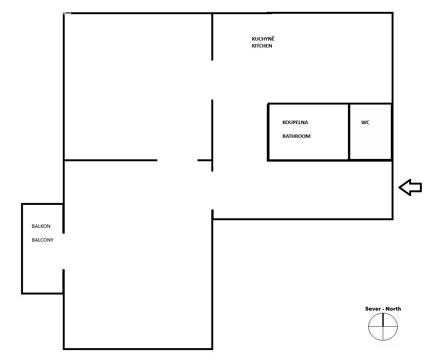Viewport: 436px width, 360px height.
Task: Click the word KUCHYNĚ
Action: [263, 39]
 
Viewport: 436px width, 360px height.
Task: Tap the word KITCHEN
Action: [262, 46]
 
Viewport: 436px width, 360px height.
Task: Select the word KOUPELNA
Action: [295, 123]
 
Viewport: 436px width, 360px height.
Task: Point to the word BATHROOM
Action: [296, 136]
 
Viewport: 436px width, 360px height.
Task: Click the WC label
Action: [365, 123]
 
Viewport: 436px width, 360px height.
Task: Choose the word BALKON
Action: [41, 226]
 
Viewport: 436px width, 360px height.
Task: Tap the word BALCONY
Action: [42, 240]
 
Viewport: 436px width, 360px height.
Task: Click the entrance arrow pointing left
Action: [410, 187]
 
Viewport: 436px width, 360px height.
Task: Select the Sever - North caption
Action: [383, 309]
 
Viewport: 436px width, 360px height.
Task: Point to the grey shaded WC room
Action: [371, 132]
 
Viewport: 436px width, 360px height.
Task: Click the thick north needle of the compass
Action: [383, 320]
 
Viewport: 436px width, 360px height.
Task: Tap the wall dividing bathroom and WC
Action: [349, 132]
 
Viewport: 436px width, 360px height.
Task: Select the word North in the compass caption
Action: [393, 309]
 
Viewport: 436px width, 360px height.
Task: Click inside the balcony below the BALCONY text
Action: [42, 267]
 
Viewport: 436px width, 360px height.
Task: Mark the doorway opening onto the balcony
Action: [64, 251]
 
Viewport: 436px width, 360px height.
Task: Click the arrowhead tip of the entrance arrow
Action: [399, 187]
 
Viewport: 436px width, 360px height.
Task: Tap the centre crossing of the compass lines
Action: [383, 326]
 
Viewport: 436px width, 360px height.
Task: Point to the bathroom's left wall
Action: [268, 132]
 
